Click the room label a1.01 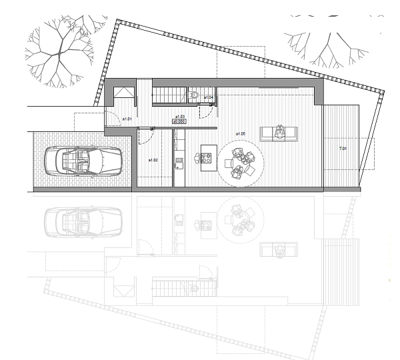click(x=127, y=119)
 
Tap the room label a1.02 click(x=153, y=160)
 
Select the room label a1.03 click(x=179, y=116)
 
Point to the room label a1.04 click(x=209, y=98)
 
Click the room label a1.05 click(x=241, y=134)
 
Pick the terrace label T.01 click(x=343, y=148)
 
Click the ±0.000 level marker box click(x=179, y=121)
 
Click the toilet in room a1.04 click(x=193, y=97)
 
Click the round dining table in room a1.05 click(x=241, y=162)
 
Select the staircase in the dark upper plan click(x=169, y=95)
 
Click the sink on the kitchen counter click(x=179, y=161)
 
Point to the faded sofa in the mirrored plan click(x=279, y=250)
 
